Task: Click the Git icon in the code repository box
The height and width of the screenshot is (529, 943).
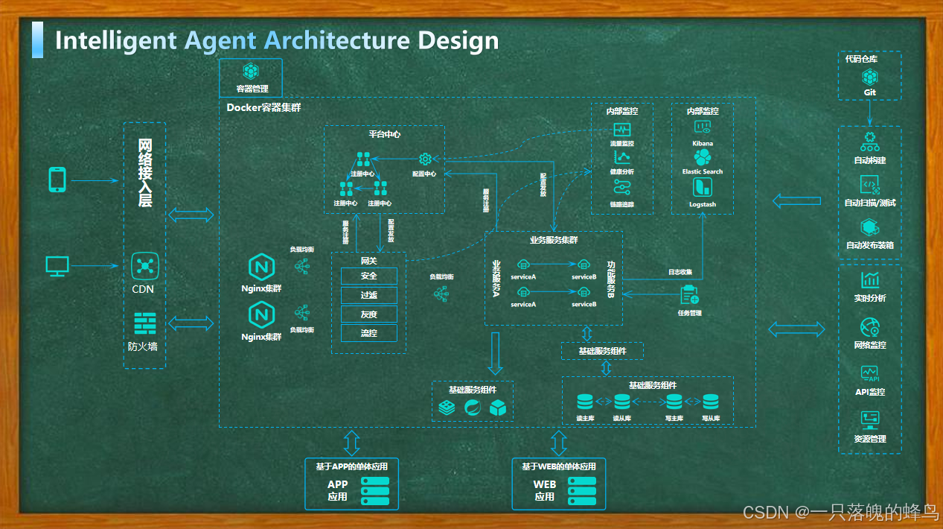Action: (x=869, y=76)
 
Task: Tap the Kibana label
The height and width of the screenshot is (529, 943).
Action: (x=702, y=143)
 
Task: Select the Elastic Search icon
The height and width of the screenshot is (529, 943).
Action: (x=702, y=157)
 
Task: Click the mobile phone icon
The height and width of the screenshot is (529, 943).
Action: (x=57, y=180)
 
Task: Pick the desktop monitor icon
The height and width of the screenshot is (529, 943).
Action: (x=57, y=264)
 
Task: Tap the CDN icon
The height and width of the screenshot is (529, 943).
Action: (x=144, y=266)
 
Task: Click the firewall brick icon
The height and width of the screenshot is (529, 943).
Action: (x=144, y=323)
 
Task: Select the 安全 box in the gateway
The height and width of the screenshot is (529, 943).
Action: (x=368, y=276)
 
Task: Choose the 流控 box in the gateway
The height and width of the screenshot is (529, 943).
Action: (x=368, y=333)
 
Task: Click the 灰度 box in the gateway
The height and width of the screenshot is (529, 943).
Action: (x=368, y=314)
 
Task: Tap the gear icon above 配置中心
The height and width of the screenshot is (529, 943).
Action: (x=425, y=159)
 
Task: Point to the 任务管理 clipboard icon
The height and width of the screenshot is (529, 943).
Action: (x=689, y=295)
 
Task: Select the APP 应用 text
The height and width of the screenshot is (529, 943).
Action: (x=338, y=490)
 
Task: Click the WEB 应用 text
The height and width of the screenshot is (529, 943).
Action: (x=545, y=490)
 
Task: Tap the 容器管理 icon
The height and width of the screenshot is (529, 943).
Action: (x=252, y=72)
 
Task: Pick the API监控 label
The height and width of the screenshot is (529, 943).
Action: (x=869, y=392)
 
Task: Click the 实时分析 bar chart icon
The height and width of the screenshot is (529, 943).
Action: (x=869, y=280)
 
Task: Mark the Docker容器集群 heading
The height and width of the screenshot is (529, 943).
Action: (x=263, y=108)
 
